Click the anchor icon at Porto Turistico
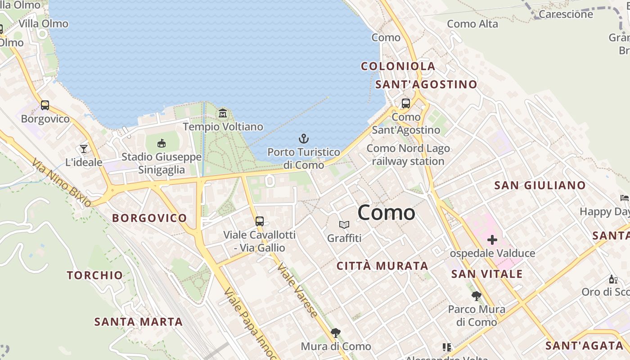click(x=304, y=138)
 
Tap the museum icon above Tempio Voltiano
click(x=223, y=113)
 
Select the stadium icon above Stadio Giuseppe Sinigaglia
click(x=161, y=143)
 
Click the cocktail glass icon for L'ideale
click(x=84, y=148)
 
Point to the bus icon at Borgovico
click(x=45, y=105)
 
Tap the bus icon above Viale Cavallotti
click(x=260, y=221)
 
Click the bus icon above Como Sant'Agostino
click(x=406, y=103)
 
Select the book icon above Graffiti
click(x=344, y=225)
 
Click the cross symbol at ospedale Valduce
click(x=492, y=240)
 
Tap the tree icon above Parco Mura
click(x=477, y=296)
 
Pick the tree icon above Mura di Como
click(x=335, y=333)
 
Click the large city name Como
click(x=387, y=213)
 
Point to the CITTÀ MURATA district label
click(x=382, y=266)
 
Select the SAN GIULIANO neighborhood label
click(x=540, y=185)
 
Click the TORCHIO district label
click(x=94, y=275)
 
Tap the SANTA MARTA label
click(x=138, y=322)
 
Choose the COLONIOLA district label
click(x=398, y=66)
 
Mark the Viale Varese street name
click(x=297, y=290)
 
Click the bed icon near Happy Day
click(x=624, y=198)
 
